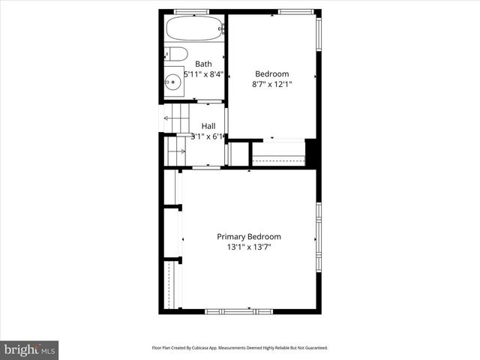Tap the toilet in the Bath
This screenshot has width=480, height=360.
pos(176,54)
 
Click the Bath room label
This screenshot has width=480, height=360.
pos(203,64)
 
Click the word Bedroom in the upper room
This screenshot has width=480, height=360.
pos(271,73)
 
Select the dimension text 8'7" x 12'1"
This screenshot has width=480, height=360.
pos(271,84)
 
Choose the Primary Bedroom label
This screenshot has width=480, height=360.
pos(249,236)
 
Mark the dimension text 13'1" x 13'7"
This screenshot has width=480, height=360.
pos(249,247)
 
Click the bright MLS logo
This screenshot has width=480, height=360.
pos(29,349)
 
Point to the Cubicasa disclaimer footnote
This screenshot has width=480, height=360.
pos(240,348)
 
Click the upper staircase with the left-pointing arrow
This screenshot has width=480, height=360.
pos(176,118)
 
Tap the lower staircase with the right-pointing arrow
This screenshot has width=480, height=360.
pos(176,151)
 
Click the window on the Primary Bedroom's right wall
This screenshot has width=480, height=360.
pos(318,236)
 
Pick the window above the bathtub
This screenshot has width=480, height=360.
pos(190,11)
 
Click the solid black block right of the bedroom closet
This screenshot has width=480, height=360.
pos(313,153)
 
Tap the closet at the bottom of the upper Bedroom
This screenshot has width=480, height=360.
pos(278,154)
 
